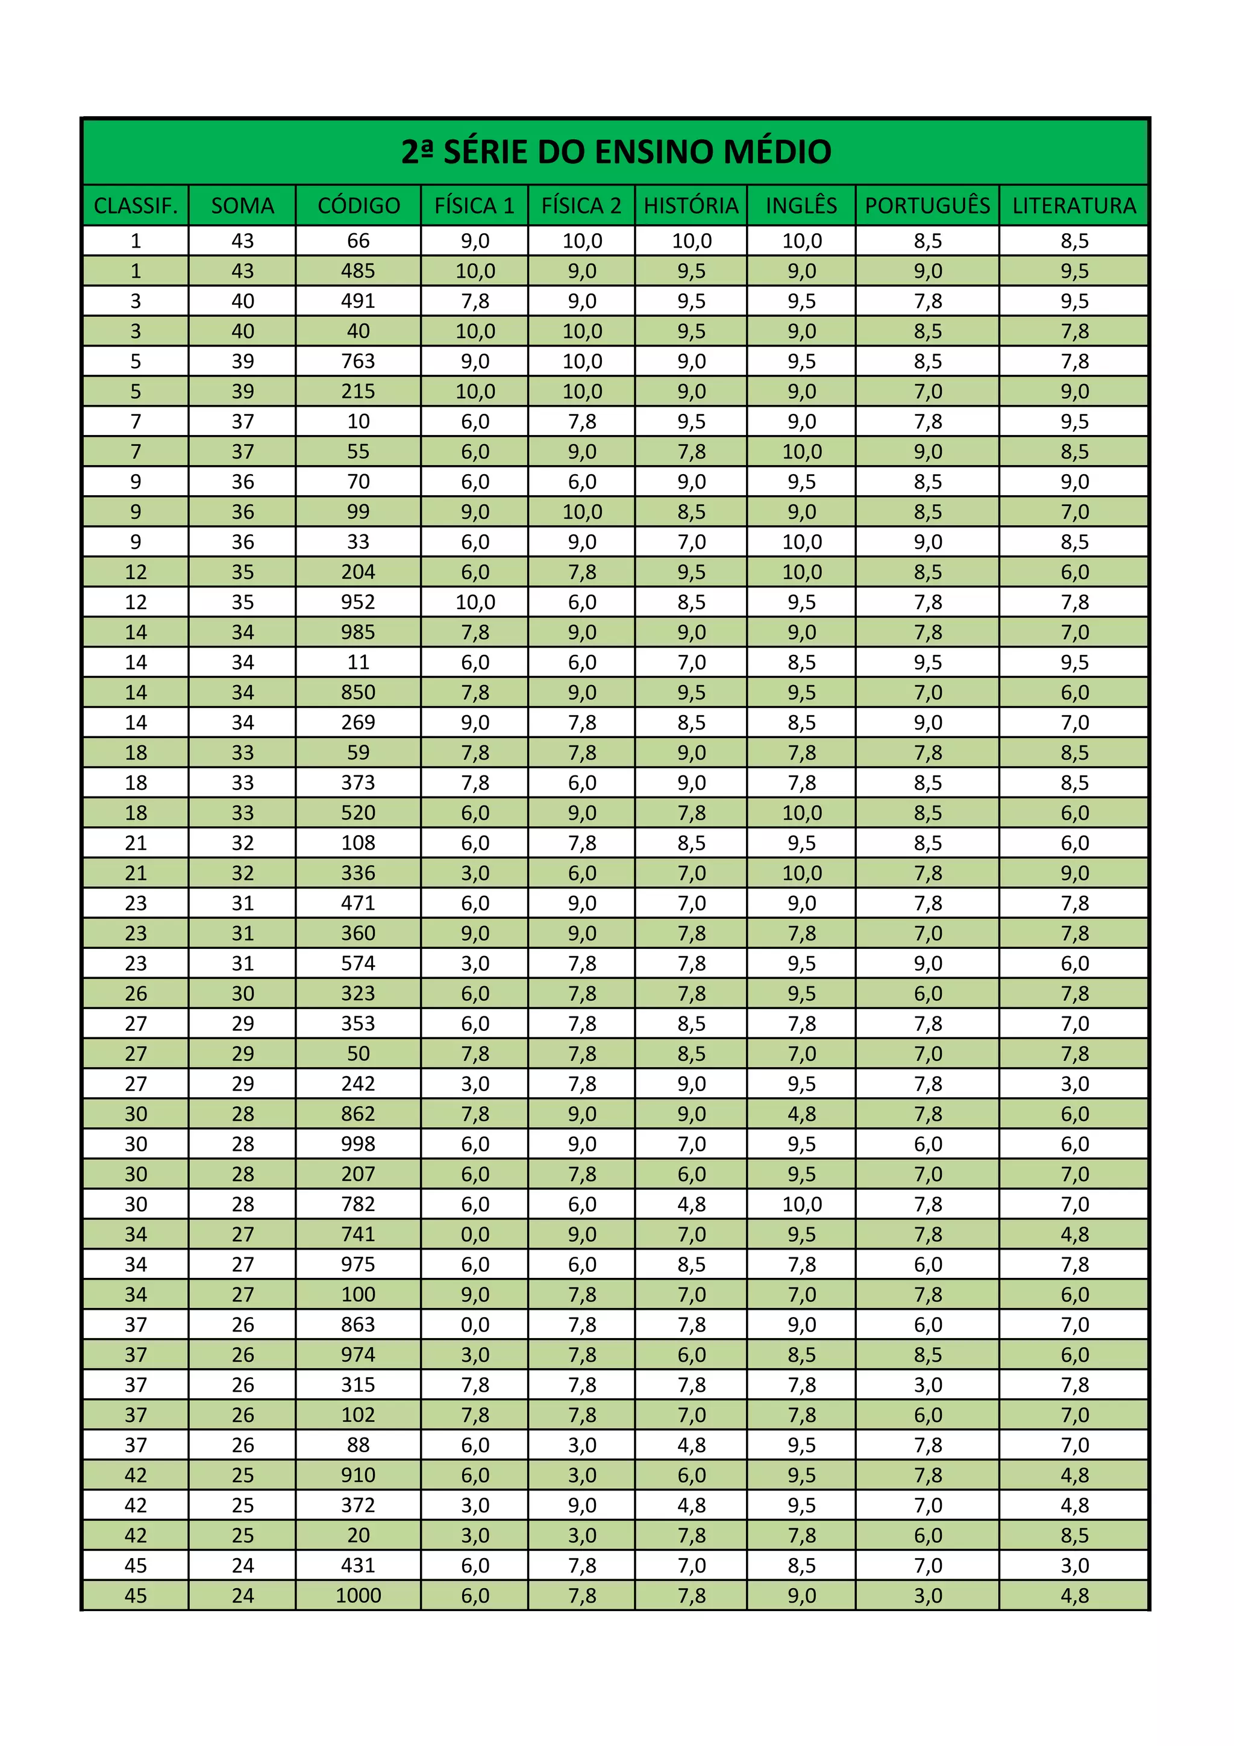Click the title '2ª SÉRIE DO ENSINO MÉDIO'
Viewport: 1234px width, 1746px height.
coord(616,152)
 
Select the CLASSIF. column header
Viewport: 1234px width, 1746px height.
coord(136,206)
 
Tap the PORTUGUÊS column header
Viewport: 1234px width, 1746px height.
coord(927,206)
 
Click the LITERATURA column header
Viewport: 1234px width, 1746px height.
coord(1074,206)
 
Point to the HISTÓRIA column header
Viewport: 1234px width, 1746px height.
coord(691,206)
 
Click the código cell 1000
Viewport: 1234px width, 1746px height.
coord(358,1595)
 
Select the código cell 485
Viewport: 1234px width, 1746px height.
coord(358,271)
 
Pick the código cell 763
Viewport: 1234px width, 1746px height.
coord(358,361)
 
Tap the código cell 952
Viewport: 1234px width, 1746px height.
coord(358,602)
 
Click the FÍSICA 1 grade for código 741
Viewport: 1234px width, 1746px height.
coord(475,1234)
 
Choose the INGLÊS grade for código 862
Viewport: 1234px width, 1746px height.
coord(801,1114)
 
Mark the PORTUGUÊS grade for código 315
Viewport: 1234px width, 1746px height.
coord(927,1385)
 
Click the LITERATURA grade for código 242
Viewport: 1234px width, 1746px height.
coord(1074,1084)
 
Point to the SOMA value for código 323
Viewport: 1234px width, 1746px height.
coord(243,993)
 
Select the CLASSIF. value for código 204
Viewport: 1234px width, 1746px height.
coord(136,572)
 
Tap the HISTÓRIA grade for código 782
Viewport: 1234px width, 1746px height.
coord(691,1204)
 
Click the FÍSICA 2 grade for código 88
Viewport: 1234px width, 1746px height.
coord(581,1445)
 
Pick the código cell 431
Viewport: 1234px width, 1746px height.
coord(358,1565)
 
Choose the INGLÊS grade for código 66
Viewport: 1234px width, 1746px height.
coord(801,241)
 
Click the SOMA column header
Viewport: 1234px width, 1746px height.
coord(243,206)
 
